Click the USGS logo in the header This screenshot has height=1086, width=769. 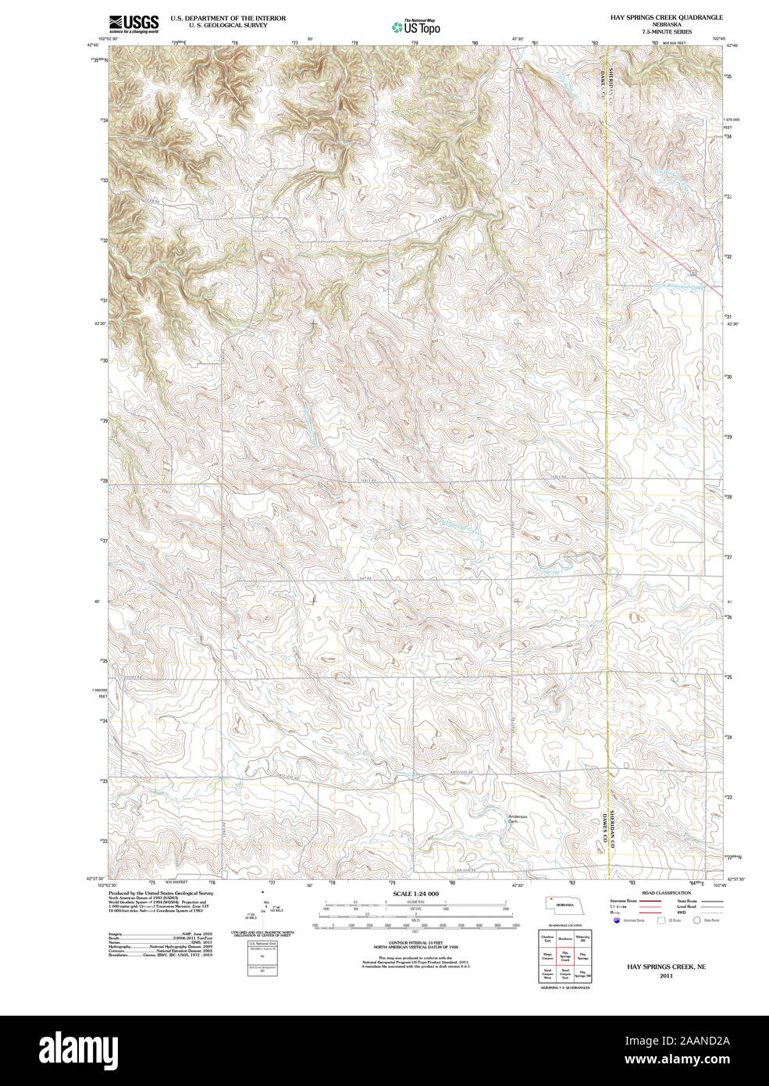(134, 23)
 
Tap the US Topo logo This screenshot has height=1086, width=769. (416, 27)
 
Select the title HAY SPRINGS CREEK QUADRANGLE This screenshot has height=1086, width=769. (666, 17)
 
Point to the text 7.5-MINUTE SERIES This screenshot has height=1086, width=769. (666, 32)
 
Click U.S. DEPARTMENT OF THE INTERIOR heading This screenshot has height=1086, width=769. (228, 18)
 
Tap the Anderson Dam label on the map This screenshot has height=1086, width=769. (518, 819)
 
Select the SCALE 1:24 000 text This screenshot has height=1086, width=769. (415, 894)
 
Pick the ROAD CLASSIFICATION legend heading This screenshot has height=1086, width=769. (666, 893)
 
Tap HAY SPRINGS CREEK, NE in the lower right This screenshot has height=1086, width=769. (666, 966)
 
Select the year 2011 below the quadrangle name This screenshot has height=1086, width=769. (666, 976)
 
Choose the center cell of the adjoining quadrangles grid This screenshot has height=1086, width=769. (564, 956)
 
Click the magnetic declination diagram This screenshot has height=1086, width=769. (263, 910)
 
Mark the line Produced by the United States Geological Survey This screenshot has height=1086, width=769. (160, 893)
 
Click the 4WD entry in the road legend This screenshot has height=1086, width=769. (682, 912)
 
